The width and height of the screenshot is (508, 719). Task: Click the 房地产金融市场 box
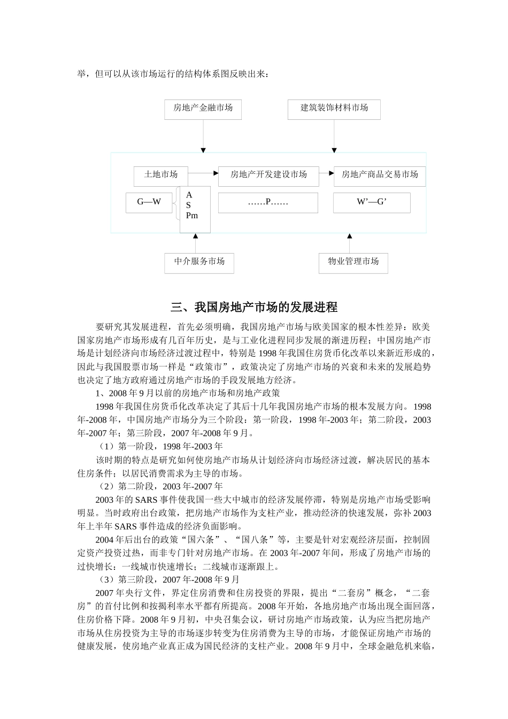pyautogui.click(x=203, y=109)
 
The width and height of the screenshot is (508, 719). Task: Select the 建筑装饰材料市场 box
pyautogui.click(x=334, y=109)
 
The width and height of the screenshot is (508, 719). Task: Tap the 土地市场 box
pyautogui.click(x=161, y=175)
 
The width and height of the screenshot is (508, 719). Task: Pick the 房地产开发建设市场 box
pyautogui.click(x=268, y=175)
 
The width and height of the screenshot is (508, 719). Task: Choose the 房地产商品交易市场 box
pyautogui.click(x=380, y=175)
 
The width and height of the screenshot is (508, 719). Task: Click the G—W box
pyautogui.click(x=149, y=202)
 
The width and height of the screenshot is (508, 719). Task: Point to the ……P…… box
pyautogui.click(x=268, y=203)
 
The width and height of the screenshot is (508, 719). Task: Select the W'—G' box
pyautogui.click(x=372, y=203)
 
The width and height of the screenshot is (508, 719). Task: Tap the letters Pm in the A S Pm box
pyautogui.click(x=192, y=216)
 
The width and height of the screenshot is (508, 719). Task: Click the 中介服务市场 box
pyautogui.click(x=199, y=262)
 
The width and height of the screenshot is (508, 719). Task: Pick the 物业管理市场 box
pyautogui.click(x=353, y=262)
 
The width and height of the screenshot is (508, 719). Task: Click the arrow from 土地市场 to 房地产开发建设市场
pyautogui.click(x=204, y=174)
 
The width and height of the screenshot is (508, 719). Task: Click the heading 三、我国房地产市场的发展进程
pyautogui.click(x=254, y=308)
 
